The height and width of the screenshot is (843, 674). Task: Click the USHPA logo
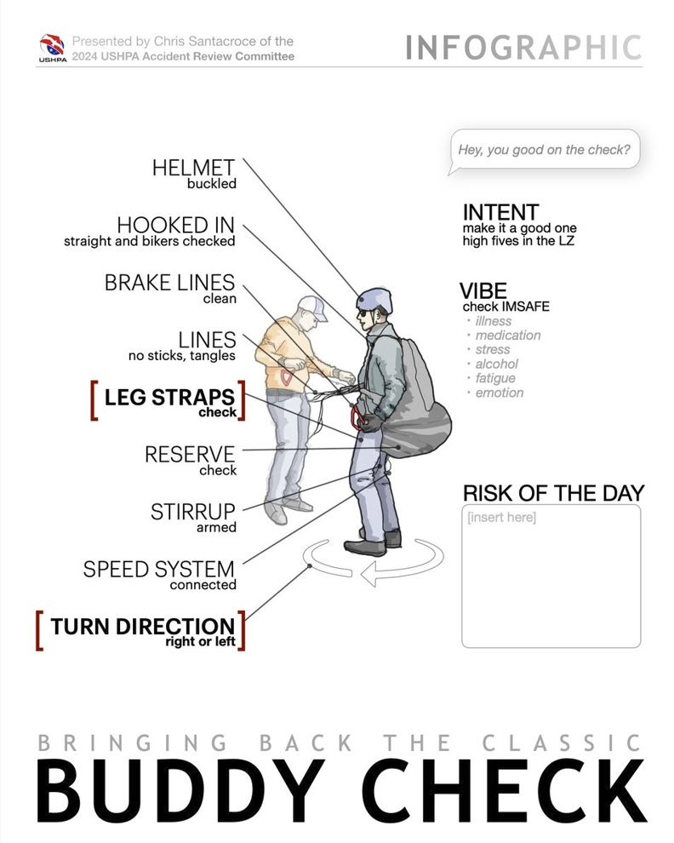point(52,49)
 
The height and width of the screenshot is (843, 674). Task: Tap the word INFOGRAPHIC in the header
point(523,48)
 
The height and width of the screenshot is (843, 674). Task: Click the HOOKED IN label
point(175,226)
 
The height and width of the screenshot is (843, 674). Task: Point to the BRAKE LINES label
point(169,283)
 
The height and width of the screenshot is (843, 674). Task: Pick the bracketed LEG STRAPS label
point(169,398)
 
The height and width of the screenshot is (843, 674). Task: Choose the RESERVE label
point(190,455)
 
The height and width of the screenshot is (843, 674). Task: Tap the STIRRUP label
point(192,512)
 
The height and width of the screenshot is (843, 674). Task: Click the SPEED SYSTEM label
point(158,569)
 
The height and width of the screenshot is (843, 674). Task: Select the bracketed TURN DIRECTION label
point(142,627)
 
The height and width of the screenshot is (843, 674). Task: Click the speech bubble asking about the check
point(544,151)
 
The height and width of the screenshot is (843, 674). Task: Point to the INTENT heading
point(500,212)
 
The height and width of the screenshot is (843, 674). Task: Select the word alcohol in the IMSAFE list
point(496,364)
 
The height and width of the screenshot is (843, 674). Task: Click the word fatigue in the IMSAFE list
point(496,378)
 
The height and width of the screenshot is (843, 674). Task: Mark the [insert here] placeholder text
point(501,518)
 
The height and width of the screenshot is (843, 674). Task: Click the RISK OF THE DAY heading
point(553,493)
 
